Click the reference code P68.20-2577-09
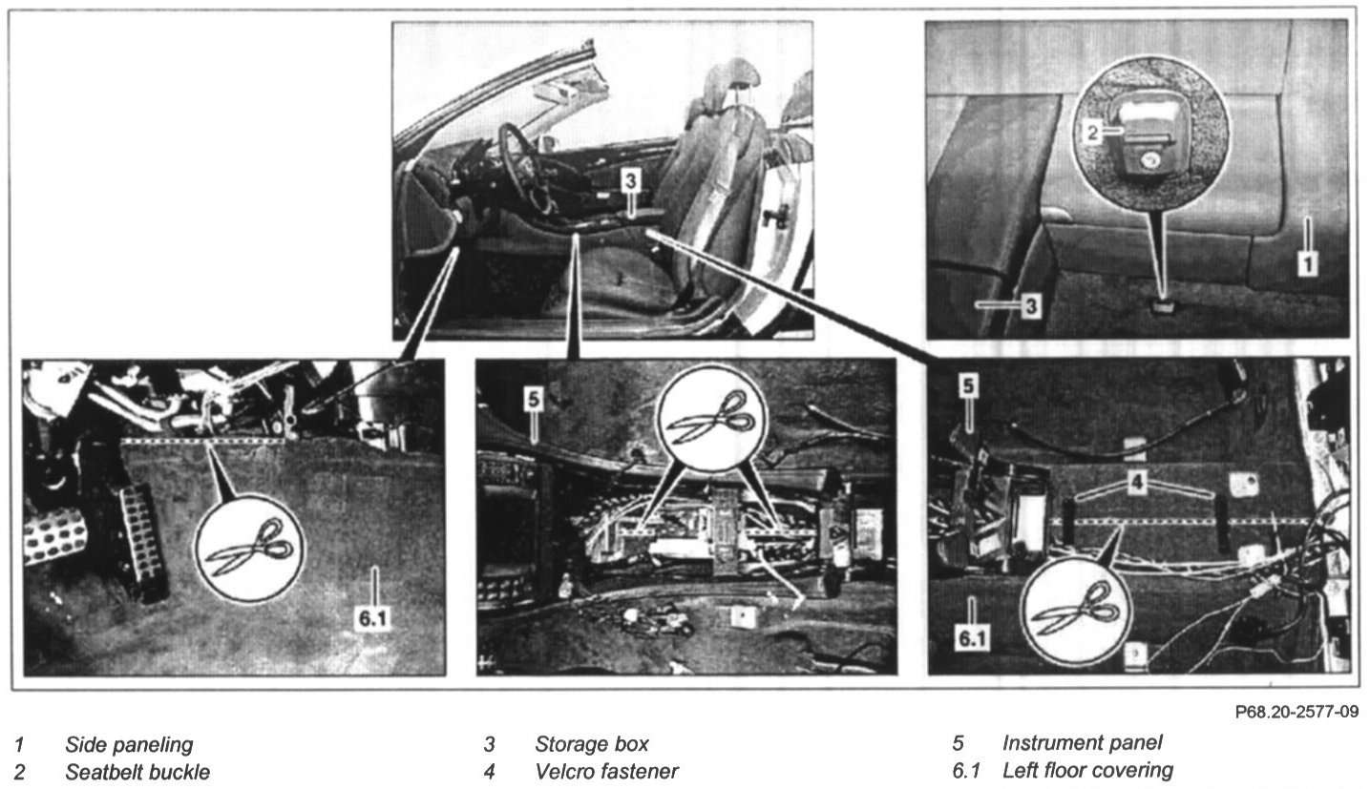pyautogui.click(x=1296, y=712)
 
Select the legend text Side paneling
pyautogui.click(x=129, y=744)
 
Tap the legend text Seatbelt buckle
pyautogui.click(x=137, y=771)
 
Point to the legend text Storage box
pyautogui.click(x=591, y=744)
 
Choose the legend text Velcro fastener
pyautogui.click(x=606, y=771)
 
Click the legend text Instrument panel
pyautogui.click(x=1082, y=743)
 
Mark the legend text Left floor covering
pyautogui.click(x=1087, y=770)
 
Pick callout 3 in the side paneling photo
pyautogui.click(x=1030, y=306)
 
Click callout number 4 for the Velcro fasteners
pyautogui.click(x=1135, y=484)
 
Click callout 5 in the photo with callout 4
pyautogui.click(x=967, y=386)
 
